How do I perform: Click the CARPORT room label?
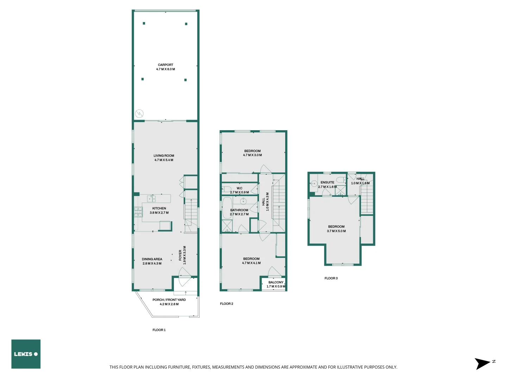[x=165, y=65]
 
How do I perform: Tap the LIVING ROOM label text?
[x=164, y=156]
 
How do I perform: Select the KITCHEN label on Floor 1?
[x=159, y=208]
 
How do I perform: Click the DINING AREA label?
[x=152, y=259]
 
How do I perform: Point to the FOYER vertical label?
[x=180, y=255]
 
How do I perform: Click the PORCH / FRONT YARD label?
[x=169, y=300]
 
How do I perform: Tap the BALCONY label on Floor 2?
[x=276, y=282]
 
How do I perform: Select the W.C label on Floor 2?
[x=239, y=188]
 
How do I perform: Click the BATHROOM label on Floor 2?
[x=239, y=210]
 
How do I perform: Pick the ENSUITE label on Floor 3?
[x=327, y=182]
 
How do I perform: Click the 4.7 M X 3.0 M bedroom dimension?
[x=252, y=155]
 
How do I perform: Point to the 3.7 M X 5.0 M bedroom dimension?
[x=336, y=231]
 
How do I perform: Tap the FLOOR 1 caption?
[x=159, y=330]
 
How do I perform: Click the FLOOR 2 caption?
[x=226, y=304]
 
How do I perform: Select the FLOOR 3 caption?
[x=331, y=278]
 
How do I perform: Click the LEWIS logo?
[x=26, y=354]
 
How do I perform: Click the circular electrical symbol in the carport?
[x=139, y=114]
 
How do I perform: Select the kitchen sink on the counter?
[x=151, y=199]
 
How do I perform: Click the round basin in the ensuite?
[x=314, y=183]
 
